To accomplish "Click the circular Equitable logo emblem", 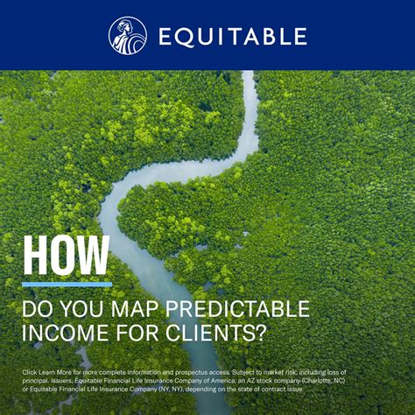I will tap(127, 35).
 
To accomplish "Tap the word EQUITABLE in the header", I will tap(232, 36).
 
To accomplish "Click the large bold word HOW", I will tap(67, 255).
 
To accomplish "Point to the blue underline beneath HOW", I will tap(67, 285).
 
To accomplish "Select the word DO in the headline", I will tap(38, 309).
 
